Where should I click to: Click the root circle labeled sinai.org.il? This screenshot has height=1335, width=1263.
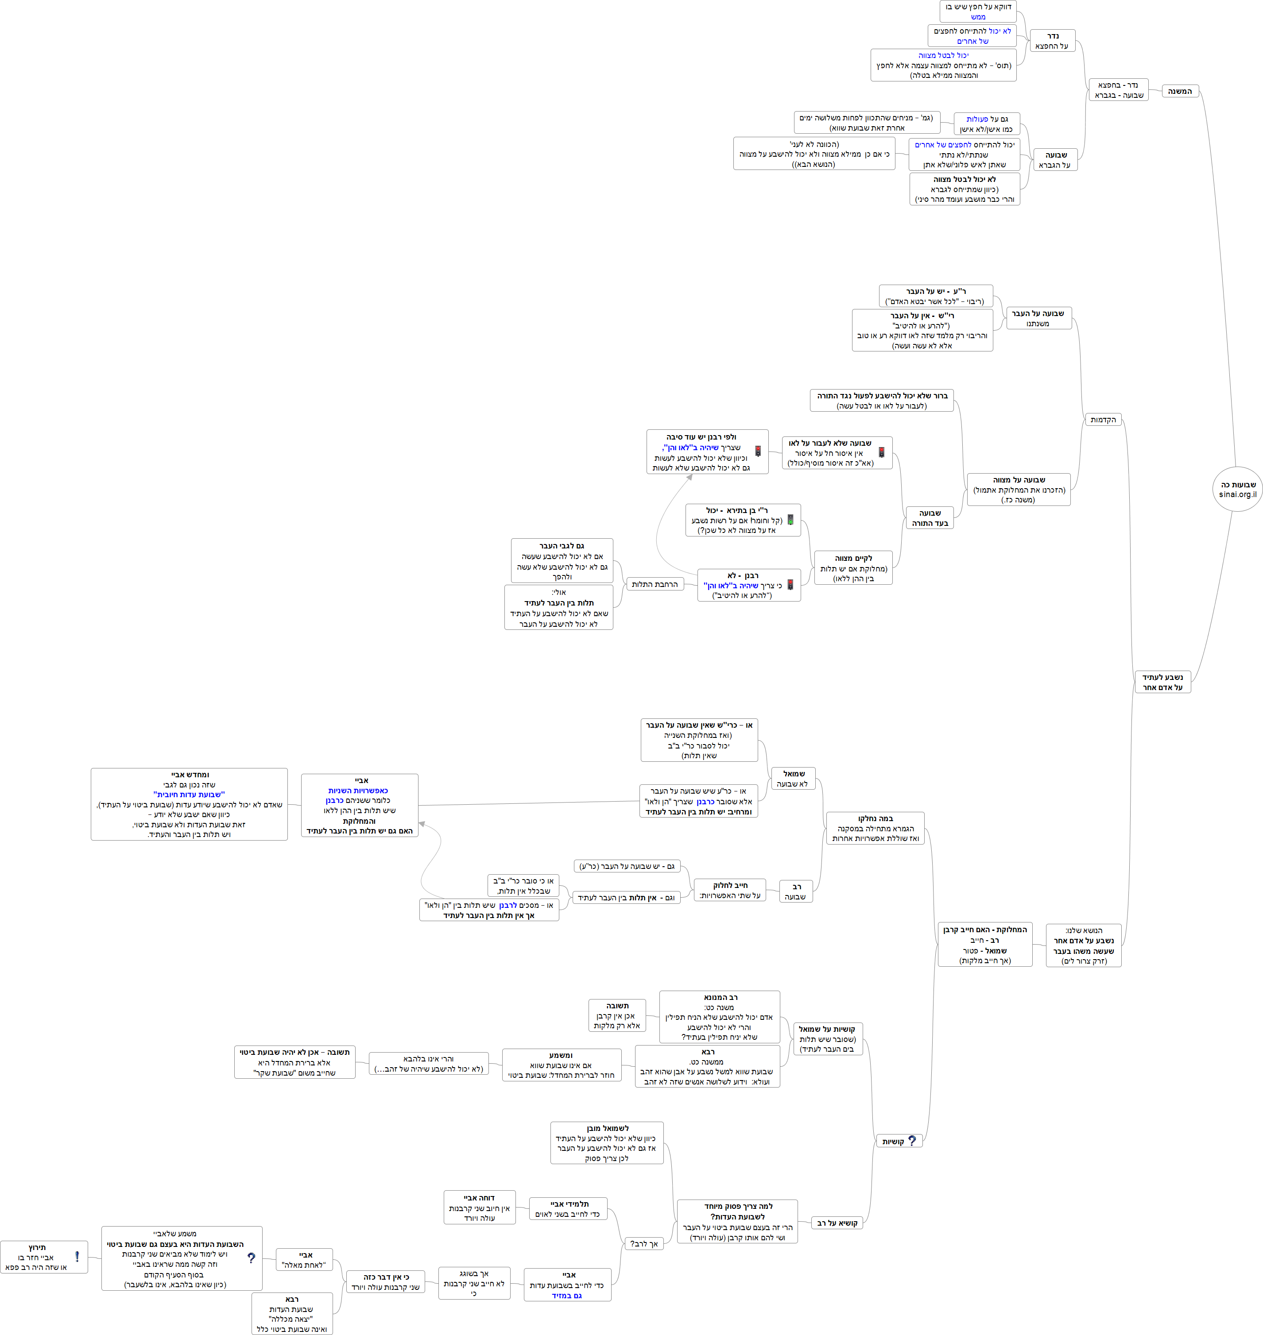pyautogui.click(x=1237, y=489)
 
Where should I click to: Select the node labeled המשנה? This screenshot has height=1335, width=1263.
pyautogui.click(x=1180, y=91)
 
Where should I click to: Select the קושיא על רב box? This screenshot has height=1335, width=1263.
pyautogui.click(x=837, y=1223)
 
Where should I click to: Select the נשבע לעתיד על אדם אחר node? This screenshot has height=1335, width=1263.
pyautogui.click(x=1162, y=682)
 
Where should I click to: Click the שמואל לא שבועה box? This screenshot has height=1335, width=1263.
pyautogui.click(x=794, y=779)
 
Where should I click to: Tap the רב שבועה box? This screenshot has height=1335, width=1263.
pyautogui.click(x=796, y=891)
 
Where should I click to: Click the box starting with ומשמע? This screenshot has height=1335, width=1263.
pyautogui.click(x=561, y=1065)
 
